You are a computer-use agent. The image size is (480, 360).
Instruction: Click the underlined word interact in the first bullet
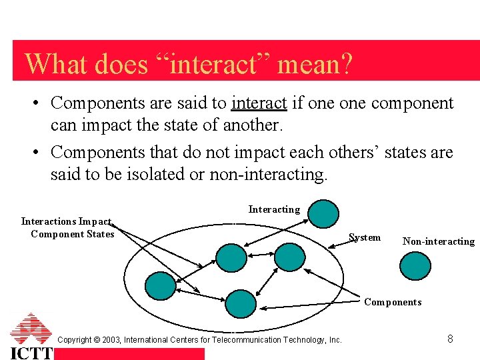[x=259, y=103]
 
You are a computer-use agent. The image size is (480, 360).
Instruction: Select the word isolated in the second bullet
[x=165, y=175]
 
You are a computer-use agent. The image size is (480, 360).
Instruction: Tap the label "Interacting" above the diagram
[x=274, y=209]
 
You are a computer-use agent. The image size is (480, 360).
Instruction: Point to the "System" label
[x=365, y=237]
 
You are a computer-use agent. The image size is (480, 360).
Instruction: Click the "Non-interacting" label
[x=438, y=241]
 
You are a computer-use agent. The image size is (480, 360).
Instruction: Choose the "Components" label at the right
[x=393, y=302]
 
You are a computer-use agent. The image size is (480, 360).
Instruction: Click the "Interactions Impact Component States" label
[x=68, y=227]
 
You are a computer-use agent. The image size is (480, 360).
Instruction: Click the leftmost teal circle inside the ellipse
[x=160, y=285]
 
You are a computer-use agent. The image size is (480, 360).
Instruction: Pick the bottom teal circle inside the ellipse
[x=240, y=303]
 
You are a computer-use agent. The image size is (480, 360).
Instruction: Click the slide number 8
[x=450, y=339]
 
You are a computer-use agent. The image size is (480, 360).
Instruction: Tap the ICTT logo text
[x=31, y=352]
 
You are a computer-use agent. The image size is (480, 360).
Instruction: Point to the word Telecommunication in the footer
[x=252, y=340]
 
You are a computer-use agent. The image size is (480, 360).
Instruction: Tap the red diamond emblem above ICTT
[x=31, y=328]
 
